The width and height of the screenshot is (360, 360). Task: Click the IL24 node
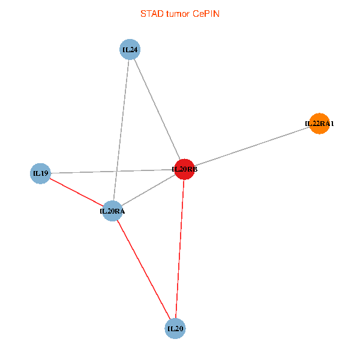point(130,49)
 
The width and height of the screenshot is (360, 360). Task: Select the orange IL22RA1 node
point(319,124)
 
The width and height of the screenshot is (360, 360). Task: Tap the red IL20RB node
point(184,169)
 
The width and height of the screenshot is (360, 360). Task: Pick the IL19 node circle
point(40,174)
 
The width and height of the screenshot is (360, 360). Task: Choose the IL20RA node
point(112,211)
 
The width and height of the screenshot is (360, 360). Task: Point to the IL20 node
point(175,328)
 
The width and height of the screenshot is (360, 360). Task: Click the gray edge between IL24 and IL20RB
point(157,109)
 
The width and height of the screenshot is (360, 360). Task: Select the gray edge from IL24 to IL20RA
point(122,120)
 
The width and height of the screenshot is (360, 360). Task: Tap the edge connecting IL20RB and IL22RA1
point(252,146)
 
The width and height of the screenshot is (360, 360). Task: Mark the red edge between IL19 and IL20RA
point(76,192)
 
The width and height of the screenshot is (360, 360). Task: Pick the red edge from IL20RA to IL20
point(143,269)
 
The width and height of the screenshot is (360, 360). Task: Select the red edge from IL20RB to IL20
point(179,249)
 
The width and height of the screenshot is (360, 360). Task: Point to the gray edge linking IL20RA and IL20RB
point(148,190)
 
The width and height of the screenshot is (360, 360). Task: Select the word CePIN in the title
point(206,13)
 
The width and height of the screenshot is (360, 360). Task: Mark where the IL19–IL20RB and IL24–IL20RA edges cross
point(117,172)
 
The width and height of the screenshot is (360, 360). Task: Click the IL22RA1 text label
point(319,124)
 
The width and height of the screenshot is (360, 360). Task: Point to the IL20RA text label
point(112,211)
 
